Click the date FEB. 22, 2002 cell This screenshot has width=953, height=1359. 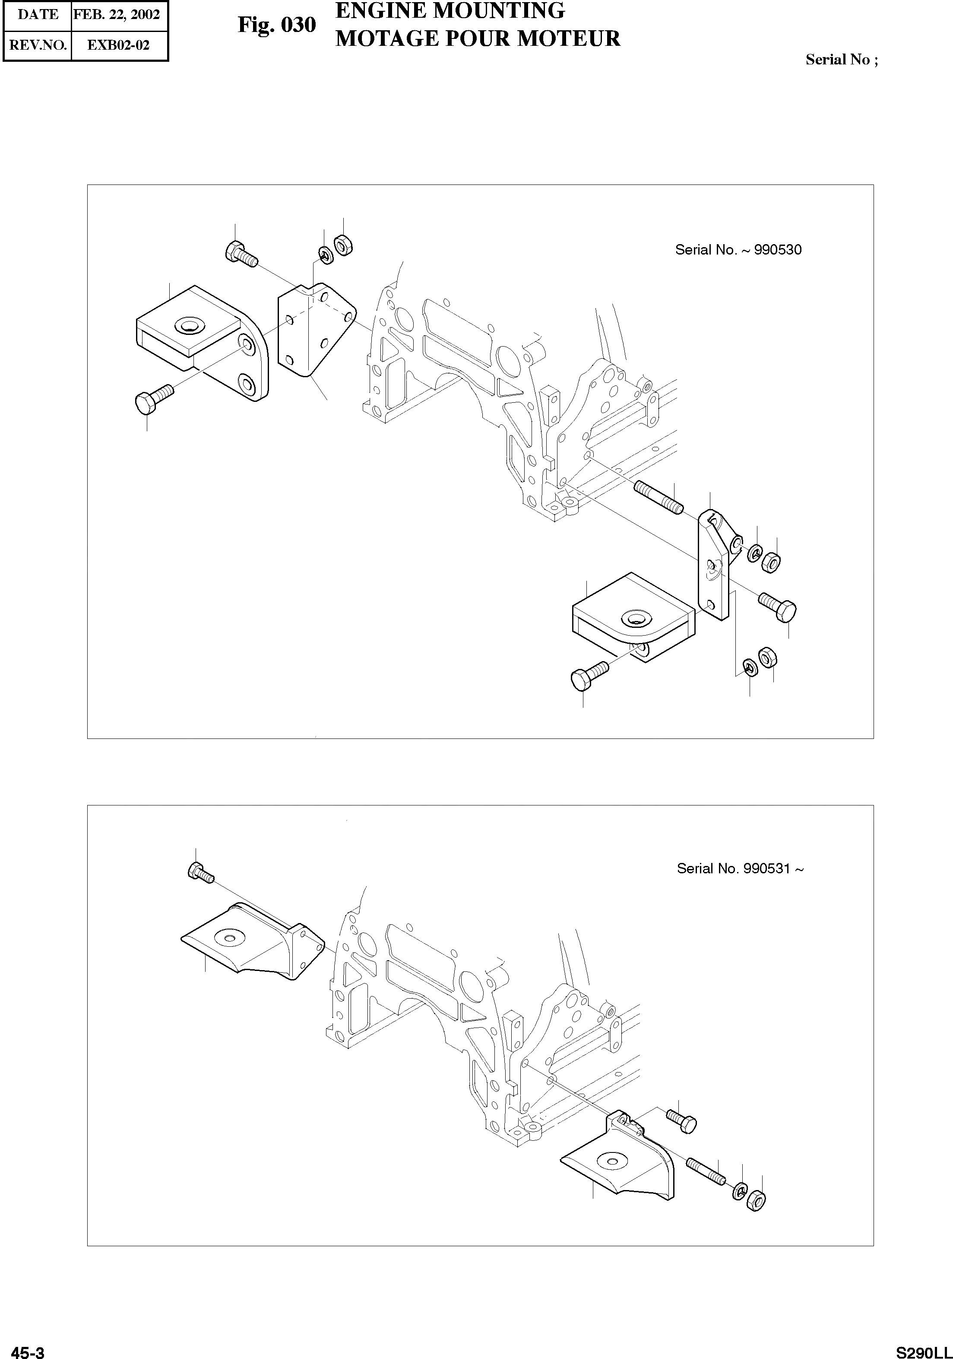[117, 14]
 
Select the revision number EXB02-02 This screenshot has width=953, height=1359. [118, 45]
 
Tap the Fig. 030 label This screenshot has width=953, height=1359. [276, 25]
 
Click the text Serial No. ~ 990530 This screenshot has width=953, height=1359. [738, 250]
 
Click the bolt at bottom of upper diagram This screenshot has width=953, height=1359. [589, 676]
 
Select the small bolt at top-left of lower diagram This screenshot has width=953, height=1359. [200, 872]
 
